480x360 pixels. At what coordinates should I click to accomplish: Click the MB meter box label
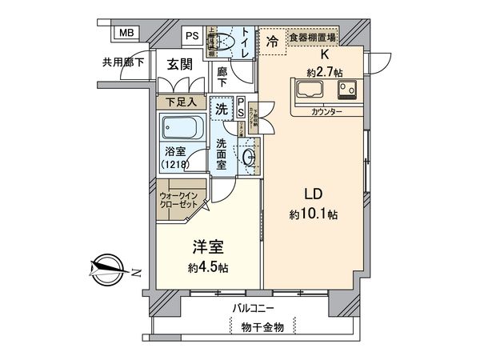(126, 34)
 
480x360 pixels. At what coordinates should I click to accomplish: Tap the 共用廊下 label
(122, 62)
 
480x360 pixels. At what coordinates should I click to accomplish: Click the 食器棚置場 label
(311, 36)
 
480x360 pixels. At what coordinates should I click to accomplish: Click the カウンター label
(326, 112)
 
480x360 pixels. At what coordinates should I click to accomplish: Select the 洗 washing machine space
(221, 105)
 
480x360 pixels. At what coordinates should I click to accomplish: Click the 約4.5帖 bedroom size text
(207, 268)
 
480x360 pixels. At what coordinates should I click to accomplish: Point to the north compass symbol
(108, 268)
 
